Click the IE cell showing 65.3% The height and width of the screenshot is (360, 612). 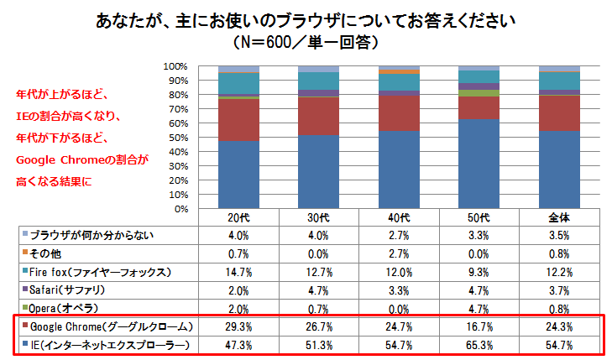(479, 345)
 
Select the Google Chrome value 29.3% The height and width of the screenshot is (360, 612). (238, 326)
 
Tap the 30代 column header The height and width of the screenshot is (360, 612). (318, 217)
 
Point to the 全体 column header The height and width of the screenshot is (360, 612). (559, 217)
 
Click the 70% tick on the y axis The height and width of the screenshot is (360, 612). (178, 109)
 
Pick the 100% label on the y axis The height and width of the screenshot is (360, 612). (175, 66)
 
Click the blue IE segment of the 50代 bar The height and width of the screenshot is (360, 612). (479, 164)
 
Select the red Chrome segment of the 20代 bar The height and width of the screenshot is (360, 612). (238, 120)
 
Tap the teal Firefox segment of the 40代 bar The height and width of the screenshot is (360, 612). (399, 82)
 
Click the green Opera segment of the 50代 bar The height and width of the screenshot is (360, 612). (479, 93)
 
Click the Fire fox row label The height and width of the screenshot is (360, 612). (100, 272)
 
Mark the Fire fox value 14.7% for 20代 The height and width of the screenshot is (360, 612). (238, 272)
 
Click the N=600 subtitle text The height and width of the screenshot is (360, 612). (306, 42)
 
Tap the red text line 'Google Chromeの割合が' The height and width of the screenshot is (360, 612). (82, 159)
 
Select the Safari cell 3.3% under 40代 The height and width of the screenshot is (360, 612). (399, 290)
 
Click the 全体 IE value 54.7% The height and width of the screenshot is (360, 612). (559, 345)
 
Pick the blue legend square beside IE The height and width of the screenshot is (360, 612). (25, 343)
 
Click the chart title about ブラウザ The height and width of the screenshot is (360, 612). (306, 21)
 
